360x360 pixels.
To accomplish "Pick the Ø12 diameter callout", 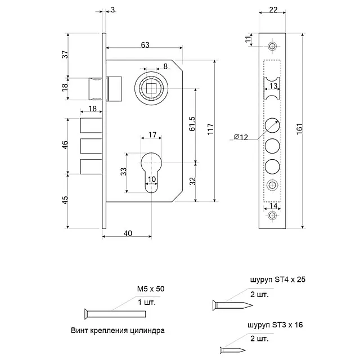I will coord(240,136).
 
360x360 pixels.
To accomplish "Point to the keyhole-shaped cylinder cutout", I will coord(152,172).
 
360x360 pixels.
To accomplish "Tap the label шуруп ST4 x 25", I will coord(277,278).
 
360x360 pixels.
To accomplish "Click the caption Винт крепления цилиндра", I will coord(120,330).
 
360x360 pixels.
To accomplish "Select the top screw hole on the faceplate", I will coord(273,46).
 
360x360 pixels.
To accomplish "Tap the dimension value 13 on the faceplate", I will coord(273,86).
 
